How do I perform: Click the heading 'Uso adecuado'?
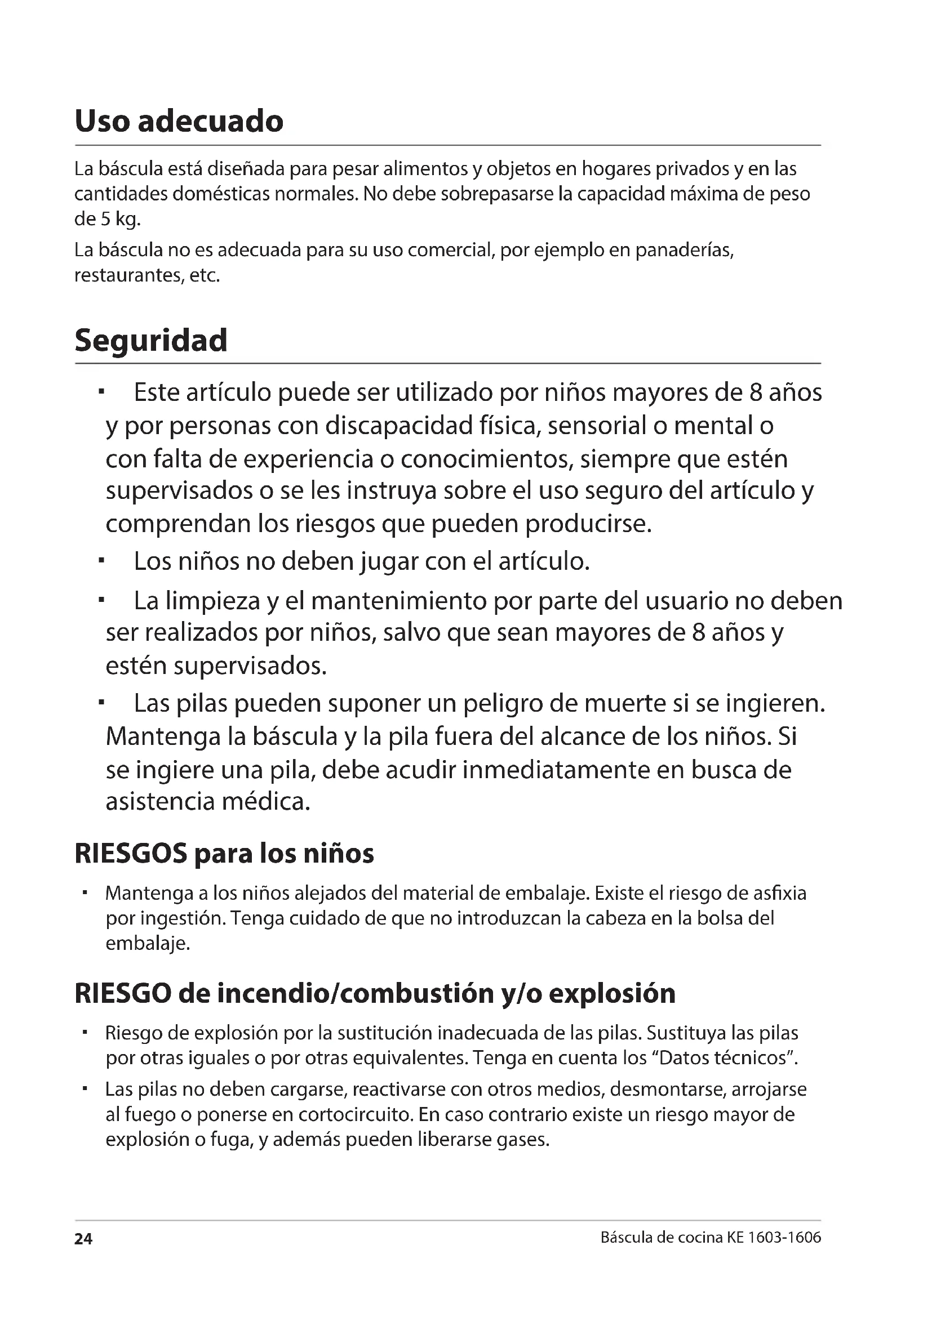179,121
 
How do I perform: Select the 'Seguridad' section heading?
151,340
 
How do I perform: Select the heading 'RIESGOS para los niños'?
224,854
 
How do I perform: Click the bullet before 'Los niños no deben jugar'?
101,560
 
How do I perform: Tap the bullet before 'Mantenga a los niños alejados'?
85,893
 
